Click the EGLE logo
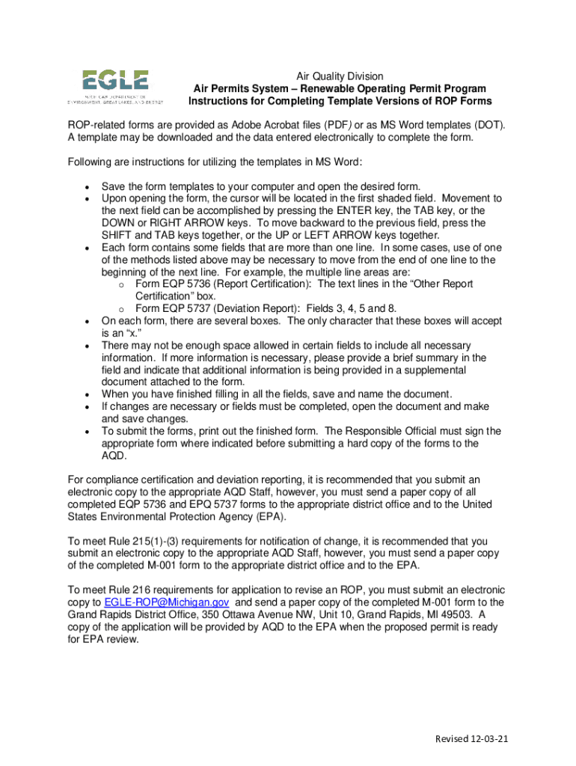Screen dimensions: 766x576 (x=114, y=87)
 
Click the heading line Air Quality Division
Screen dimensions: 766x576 (x=340, y=76)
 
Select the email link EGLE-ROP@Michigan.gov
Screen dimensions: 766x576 (x=168, y=602)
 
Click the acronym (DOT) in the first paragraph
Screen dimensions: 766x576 (x=488, y=125)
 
